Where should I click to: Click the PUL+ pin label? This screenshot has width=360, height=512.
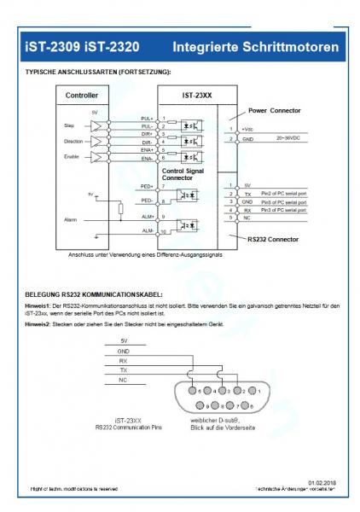click(147, 118)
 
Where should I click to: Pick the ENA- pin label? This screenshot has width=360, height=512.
click(147, 160)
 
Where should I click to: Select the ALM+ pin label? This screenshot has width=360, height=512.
click(147, 216)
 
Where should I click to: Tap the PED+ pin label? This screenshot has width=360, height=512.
click(147, 185)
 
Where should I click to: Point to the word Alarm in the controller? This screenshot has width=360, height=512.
click(71, 219)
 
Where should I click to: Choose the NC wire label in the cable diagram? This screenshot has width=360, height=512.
click(123, 380)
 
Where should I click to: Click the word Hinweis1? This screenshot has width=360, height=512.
click(37, 304)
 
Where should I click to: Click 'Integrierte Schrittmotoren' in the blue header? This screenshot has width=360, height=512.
click(254, 44)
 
